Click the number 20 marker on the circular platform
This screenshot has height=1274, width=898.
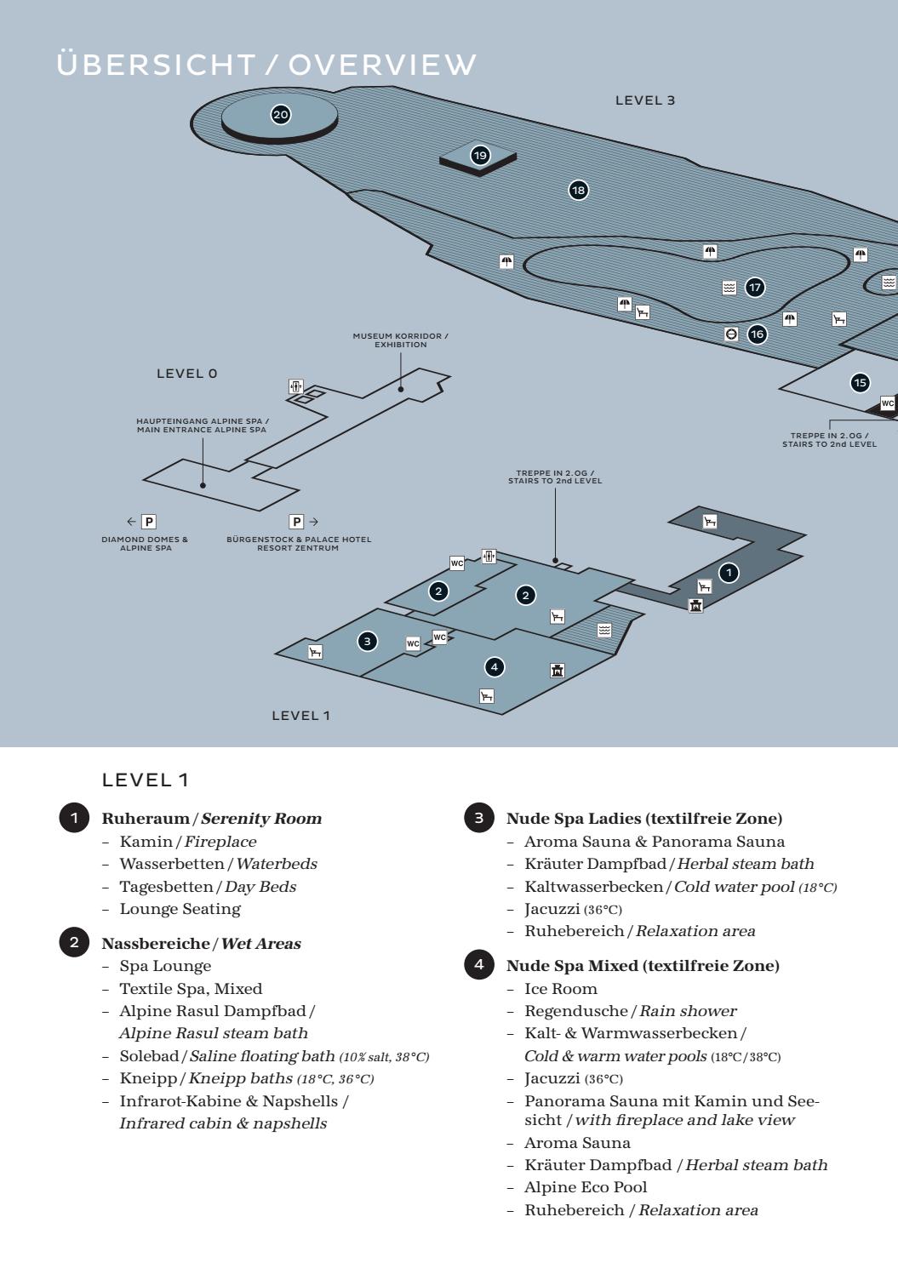tap(280, 115)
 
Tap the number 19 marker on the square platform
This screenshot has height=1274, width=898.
tap(480, 155)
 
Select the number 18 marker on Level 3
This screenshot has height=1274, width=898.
tap(579, 191)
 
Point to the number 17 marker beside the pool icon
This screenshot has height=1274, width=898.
tap(755, 288)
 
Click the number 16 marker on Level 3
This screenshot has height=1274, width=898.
tap(757, 334)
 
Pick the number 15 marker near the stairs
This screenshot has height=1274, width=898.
tap(861, 383)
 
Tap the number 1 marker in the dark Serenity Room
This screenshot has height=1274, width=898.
tap(729, 573)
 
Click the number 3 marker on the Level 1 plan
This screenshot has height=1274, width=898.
tap(368, 641)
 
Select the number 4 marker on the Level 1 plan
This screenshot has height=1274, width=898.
tap(494, 667)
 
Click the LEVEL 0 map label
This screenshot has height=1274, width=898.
tap(187, 374)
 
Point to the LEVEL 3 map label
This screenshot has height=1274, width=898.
tap(645, 100)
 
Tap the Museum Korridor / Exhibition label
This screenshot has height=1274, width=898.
tap(400, 340)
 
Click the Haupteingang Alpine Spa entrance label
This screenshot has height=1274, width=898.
tap(202, 425)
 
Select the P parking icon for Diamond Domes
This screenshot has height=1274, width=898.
tap(149, 522)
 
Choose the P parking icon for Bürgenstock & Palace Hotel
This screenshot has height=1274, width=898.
tap(296, 522)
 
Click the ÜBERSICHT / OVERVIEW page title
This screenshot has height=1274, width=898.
tap(266, 65)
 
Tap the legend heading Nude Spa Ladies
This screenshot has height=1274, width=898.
tap(643, 819)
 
